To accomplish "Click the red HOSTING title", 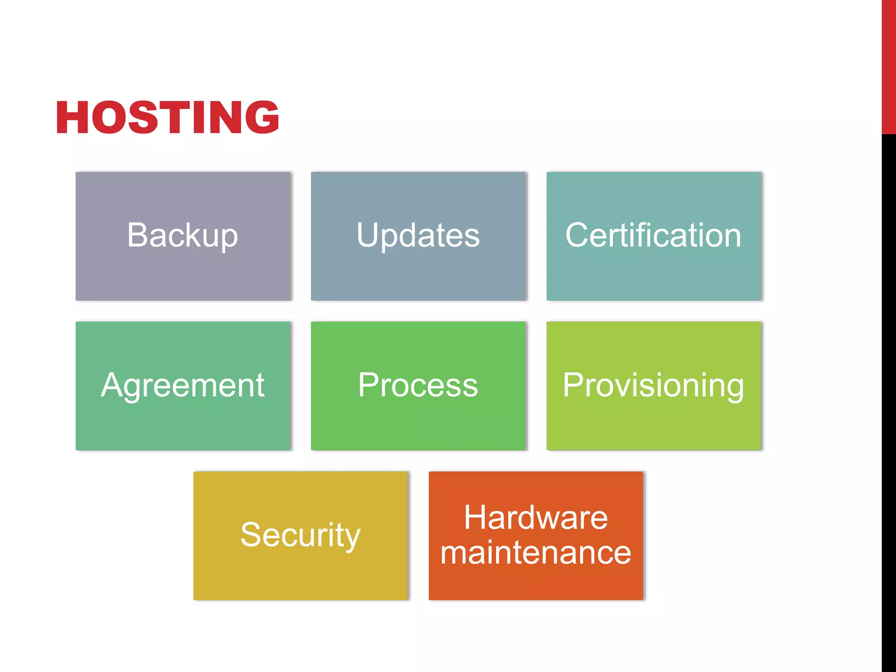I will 168,117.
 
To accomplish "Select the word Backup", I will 182,235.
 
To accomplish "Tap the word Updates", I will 418,235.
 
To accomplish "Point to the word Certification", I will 653,235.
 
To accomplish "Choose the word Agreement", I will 182,385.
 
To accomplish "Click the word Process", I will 418,385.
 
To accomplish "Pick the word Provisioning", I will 653,385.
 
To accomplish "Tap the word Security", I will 300,535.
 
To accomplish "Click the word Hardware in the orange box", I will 536,518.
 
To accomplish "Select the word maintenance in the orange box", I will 536,553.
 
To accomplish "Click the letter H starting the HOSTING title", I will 72,117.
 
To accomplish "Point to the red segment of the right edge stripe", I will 889,66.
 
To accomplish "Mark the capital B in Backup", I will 137,235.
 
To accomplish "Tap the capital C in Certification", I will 578,235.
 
